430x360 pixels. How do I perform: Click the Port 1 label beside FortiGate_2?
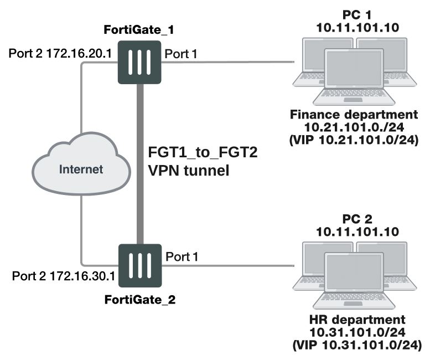click(x=181, y=256)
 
